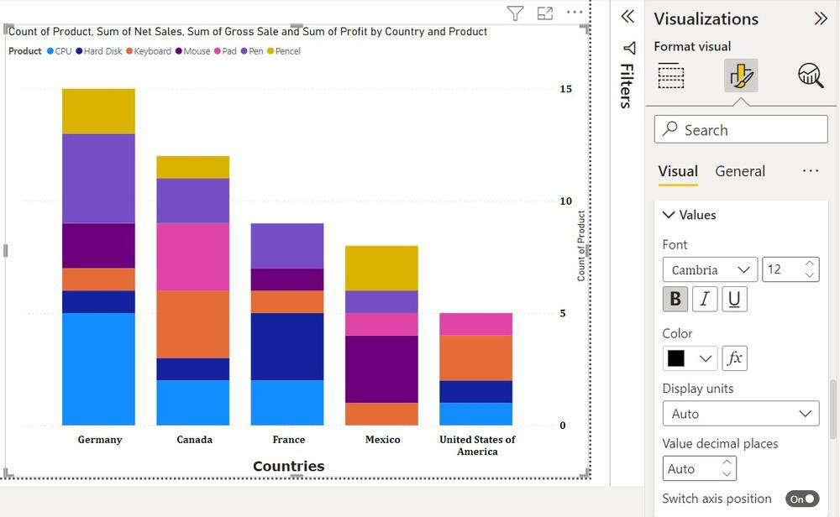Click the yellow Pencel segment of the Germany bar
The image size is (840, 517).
98,111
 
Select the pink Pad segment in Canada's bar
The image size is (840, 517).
192,256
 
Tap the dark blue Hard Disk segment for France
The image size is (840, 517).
286,346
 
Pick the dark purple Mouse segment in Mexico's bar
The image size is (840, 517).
381,368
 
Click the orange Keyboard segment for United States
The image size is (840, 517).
475,358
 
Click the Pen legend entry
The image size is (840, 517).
252,51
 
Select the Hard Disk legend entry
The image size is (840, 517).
98,51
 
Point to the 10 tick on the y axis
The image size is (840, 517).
565,201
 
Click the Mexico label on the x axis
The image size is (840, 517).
383,440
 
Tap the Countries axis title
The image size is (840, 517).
288,466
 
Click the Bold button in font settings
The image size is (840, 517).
675,299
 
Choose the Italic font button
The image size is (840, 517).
705,299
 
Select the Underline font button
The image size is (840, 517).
734,299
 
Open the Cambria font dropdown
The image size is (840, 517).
710,269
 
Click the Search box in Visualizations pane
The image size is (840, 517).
740,129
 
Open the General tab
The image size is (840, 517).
740,171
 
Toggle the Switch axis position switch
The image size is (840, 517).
802,499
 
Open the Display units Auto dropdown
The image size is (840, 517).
740,414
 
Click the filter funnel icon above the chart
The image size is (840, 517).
515,13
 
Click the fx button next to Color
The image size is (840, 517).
734,358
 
